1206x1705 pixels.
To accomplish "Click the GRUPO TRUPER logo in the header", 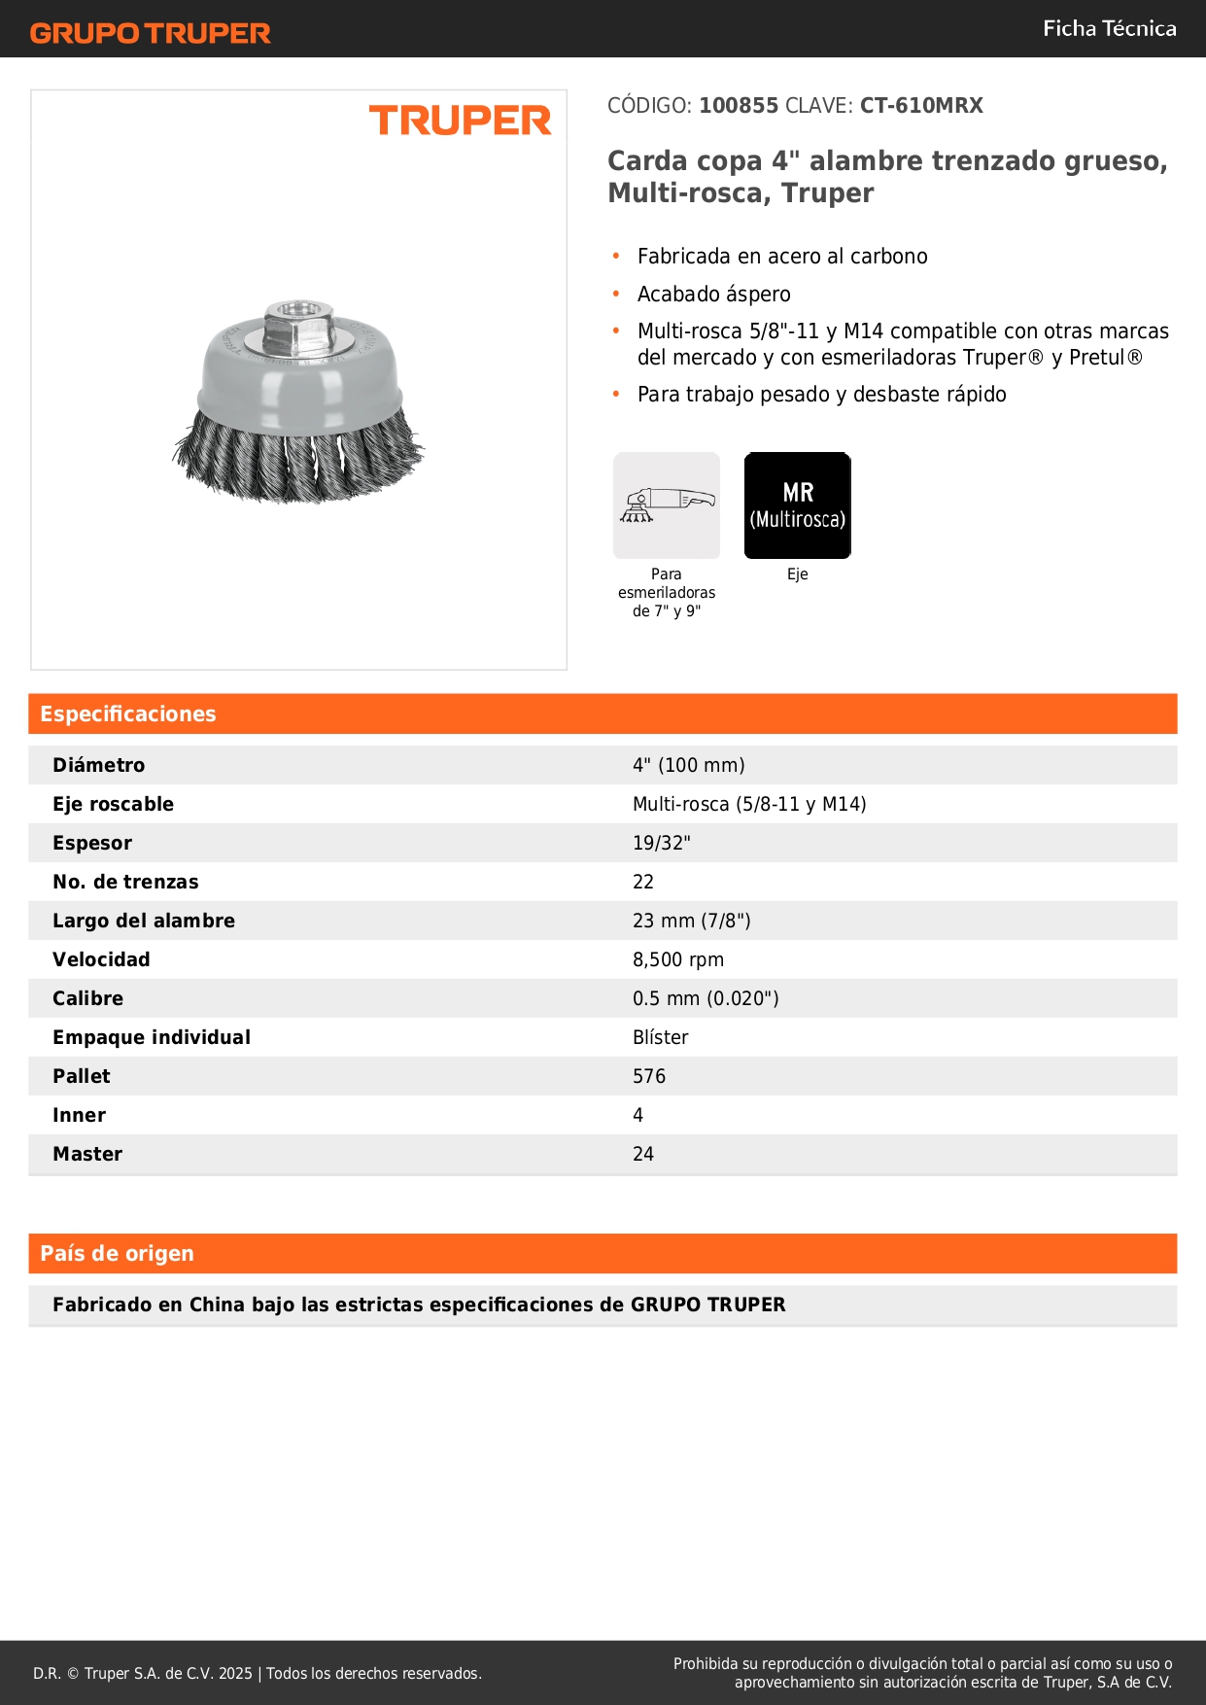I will (150, 33).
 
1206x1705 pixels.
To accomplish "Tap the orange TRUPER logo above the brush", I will (460, 121).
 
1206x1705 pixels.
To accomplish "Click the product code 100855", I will (739, 106).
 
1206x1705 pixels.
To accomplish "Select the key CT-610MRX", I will (921, 106).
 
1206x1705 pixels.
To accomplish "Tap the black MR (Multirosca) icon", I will (797, 505).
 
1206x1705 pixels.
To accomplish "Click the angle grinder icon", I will (667, 505).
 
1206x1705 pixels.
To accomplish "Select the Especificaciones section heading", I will (128, 714).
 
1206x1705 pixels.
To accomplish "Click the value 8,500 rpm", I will (678, 960).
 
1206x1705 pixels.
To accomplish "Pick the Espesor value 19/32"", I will (661, 844).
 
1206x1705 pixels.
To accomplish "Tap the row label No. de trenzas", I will (125, 883).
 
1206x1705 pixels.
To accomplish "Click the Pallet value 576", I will (649, 1077).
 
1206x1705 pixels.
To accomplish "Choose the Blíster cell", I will (660, 1038).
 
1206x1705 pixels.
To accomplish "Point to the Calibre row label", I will (87, 999).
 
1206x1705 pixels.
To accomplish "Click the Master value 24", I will (643, 1155).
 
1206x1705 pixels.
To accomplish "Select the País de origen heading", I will (117, 1254).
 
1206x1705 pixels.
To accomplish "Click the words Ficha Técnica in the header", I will (1109, 29).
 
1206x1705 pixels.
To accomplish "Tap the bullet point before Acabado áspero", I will (616, 294).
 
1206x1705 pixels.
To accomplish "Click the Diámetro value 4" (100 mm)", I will (688, 766).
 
